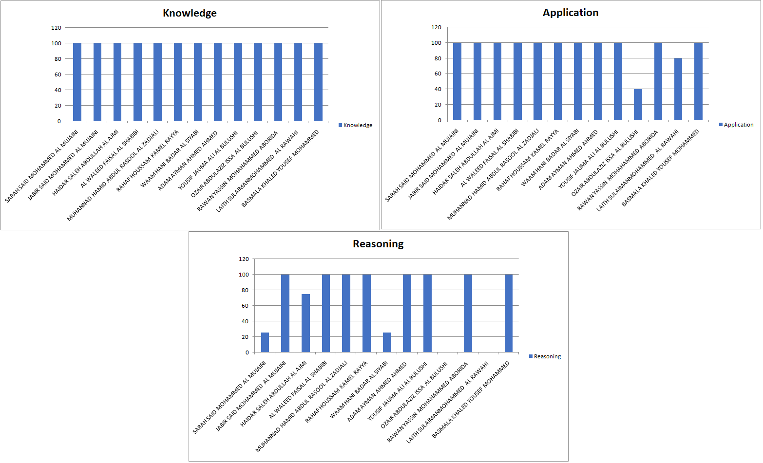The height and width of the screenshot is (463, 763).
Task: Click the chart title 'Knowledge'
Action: click(x=190, y=13)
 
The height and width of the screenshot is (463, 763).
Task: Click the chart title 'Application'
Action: click(x=571, y=13)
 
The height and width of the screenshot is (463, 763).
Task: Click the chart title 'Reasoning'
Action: click(x=378, y=244)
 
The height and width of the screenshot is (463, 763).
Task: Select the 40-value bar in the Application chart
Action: click(x=638, y=105)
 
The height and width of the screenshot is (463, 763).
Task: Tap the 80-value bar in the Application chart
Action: click(x=678, y=89)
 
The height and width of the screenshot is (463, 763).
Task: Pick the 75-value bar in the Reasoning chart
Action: click(x=305, y=323)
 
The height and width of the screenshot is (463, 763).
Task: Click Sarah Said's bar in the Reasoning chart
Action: click(x=265, y=342)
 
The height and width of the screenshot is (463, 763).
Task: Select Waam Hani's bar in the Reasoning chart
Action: click(x=387, y=342)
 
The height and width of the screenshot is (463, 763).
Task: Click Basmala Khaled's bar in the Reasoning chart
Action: click(x=509, y=313)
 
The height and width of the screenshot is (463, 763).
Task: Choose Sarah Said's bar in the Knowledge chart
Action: click(x=77, y=82)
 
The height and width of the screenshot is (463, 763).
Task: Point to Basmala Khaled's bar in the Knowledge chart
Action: click(x=318, y=82)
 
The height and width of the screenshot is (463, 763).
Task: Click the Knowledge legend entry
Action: click(x=356, y=125)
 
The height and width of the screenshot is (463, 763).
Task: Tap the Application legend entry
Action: click(x=736, y=125)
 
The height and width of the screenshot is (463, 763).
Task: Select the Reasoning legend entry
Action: click(x=545, y=356)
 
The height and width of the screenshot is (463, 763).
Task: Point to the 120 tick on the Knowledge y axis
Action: click(x=57, y=28)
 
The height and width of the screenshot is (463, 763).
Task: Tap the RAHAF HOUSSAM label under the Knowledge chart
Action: click(x=148, y=160)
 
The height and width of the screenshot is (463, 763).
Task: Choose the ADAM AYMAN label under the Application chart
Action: click(x=568, y=159)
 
